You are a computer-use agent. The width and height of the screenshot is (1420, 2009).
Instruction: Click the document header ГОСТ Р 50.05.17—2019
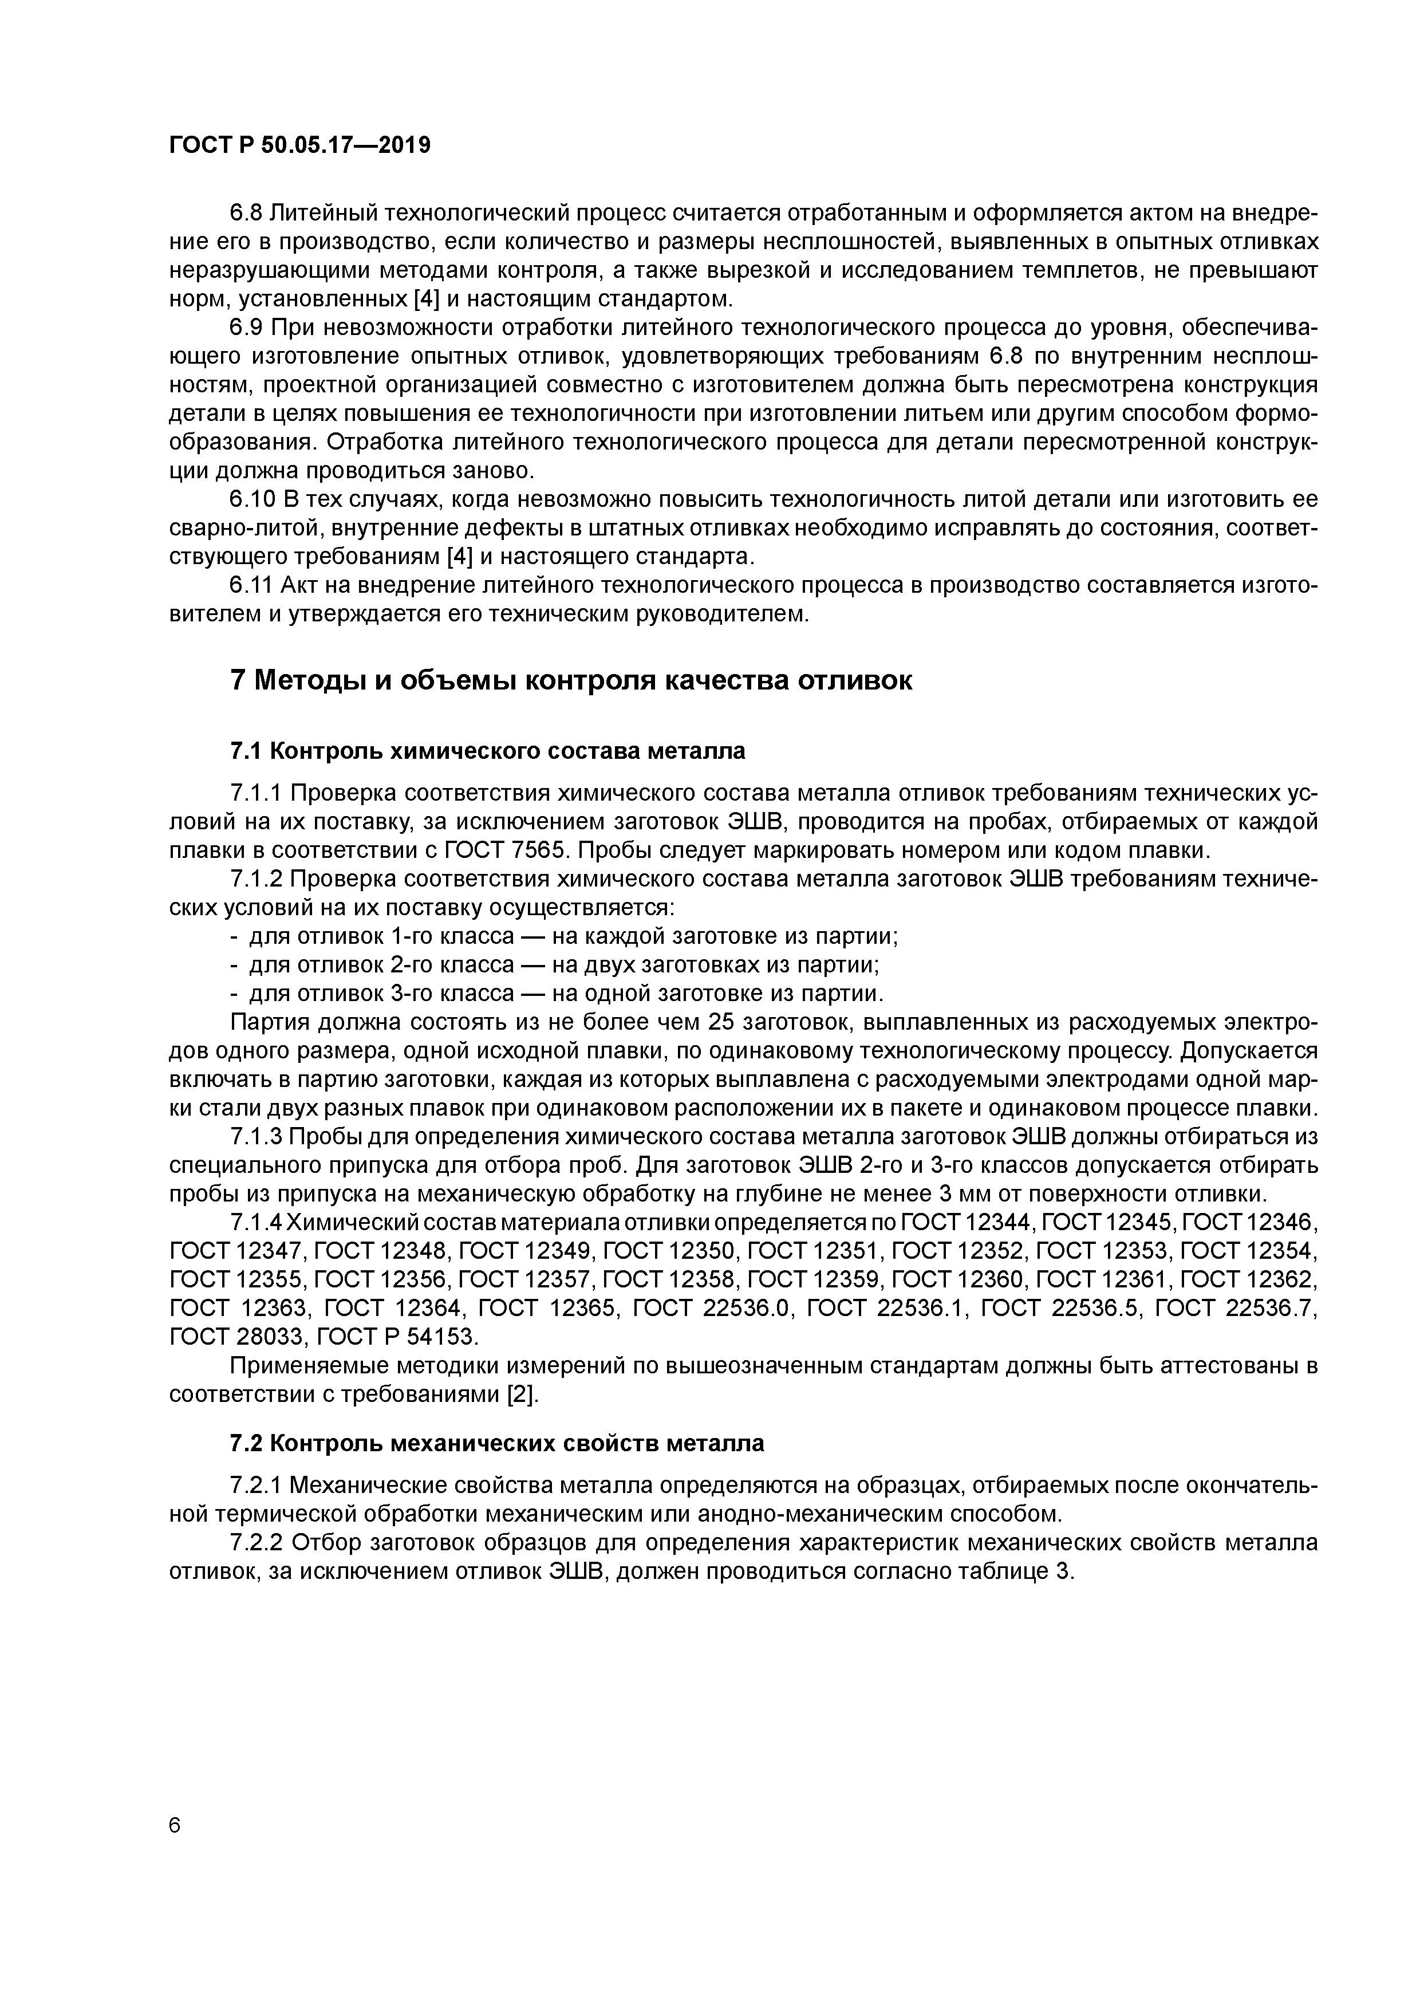(x=299, y=145)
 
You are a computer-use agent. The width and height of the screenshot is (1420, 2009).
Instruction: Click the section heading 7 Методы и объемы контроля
(x=570, y=680)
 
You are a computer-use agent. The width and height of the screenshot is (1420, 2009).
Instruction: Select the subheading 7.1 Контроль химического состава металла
(x=487, y=751)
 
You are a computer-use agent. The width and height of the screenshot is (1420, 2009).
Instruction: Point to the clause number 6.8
(x=247, y=214)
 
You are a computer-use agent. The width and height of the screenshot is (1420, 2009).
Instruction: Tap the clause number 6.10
(x=252, y=499)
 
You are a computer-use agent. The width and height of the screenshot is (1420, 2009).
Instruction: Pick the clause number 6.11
(x=252, y=585)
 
